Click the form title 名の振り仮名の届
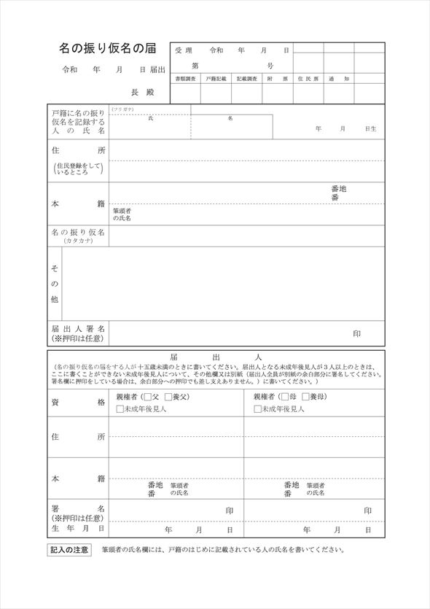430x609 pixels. pos(107,49)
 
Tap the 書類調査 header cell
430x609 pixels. pos(185,78)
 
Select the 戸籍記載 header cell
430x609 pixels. pos(216,78)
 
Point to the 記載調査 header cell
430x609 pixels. pos(247,78)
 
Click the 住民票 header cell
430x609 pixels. pos(308,78)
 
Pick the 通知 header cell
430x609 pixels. pos(339,78)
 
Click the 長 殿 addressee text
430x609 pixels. pos(143,93)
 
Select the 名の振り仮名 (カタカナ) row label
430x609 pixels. pos(78,235)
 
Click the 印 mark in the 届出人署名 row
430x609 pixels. pos(356,333)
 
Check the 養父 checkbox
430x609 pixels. pos(168,397)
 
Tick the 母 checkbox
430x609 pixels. pos(284,397)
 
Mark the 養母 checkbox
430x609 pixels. pos(305,397)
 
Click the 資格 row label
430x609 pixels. pos(78,403)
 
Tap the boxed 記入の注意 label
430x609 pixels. pos(70,549)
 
